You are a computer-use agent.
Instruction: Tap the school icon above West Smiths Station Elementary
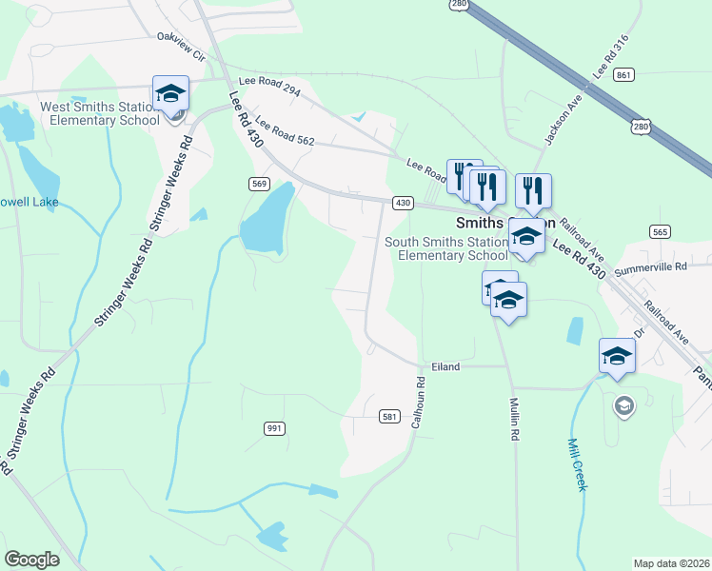coord(171,94)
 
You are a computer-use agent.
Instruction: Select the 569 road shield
coord(259,184)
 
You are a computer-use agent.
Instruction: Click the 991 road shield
coord(274,428)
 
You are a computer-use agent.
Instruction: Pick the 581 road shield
coord(389,417)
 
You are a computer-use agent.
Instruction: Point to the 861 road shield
coord(624,75)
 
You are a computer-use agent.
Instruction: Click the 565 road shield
coord(660,232)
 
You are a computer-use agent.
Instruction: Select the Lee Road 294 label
coord(270,88)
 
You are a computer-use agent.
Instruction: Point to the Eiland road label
coord(445,366)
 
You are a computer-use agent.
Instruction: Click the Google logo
coord(32,560)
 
